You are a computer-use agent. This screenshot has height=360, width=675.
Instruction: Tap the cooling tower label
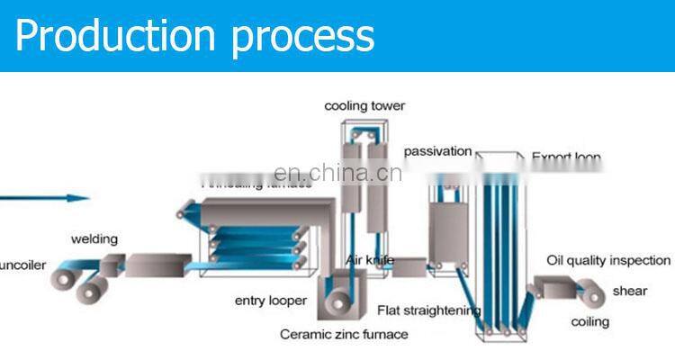coord(364,106)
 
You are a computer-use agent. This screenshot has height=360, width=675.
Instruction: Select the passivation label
coord(437,150)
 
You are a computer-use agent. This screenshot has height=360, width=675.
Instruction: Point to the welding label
coord(94,238)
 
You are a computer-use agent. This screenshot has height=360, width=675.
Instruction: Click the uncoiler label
coord(22,265)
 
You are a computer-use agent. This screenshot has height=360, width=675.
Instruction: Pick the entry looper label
coord(270,301)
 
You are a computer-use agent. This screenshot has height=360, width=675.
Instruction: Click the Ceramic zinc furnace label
coord(344,334)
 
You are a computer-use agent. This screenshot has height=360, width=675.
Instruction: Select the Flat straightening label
coord(428,311)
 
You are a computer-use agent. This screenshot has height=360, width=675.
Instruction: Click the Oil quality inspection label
coord(608,260)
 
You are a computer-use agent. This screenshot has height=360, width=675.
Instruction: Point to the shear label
coord(630,291)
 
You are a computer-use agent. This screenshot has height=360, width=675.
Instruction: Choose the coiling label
coord(589,321)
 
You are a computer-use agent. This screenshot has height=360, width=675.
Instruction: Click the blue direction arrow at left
coord(45,198)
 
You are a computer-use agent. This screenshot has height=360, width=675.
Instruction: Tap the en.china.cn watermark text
coord(337,173)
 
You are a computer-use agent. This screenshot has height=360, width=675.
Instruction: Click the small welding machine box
coord(112,265)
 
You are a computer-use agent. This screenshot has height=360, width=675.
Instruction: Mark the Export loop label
coord(566,158)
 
